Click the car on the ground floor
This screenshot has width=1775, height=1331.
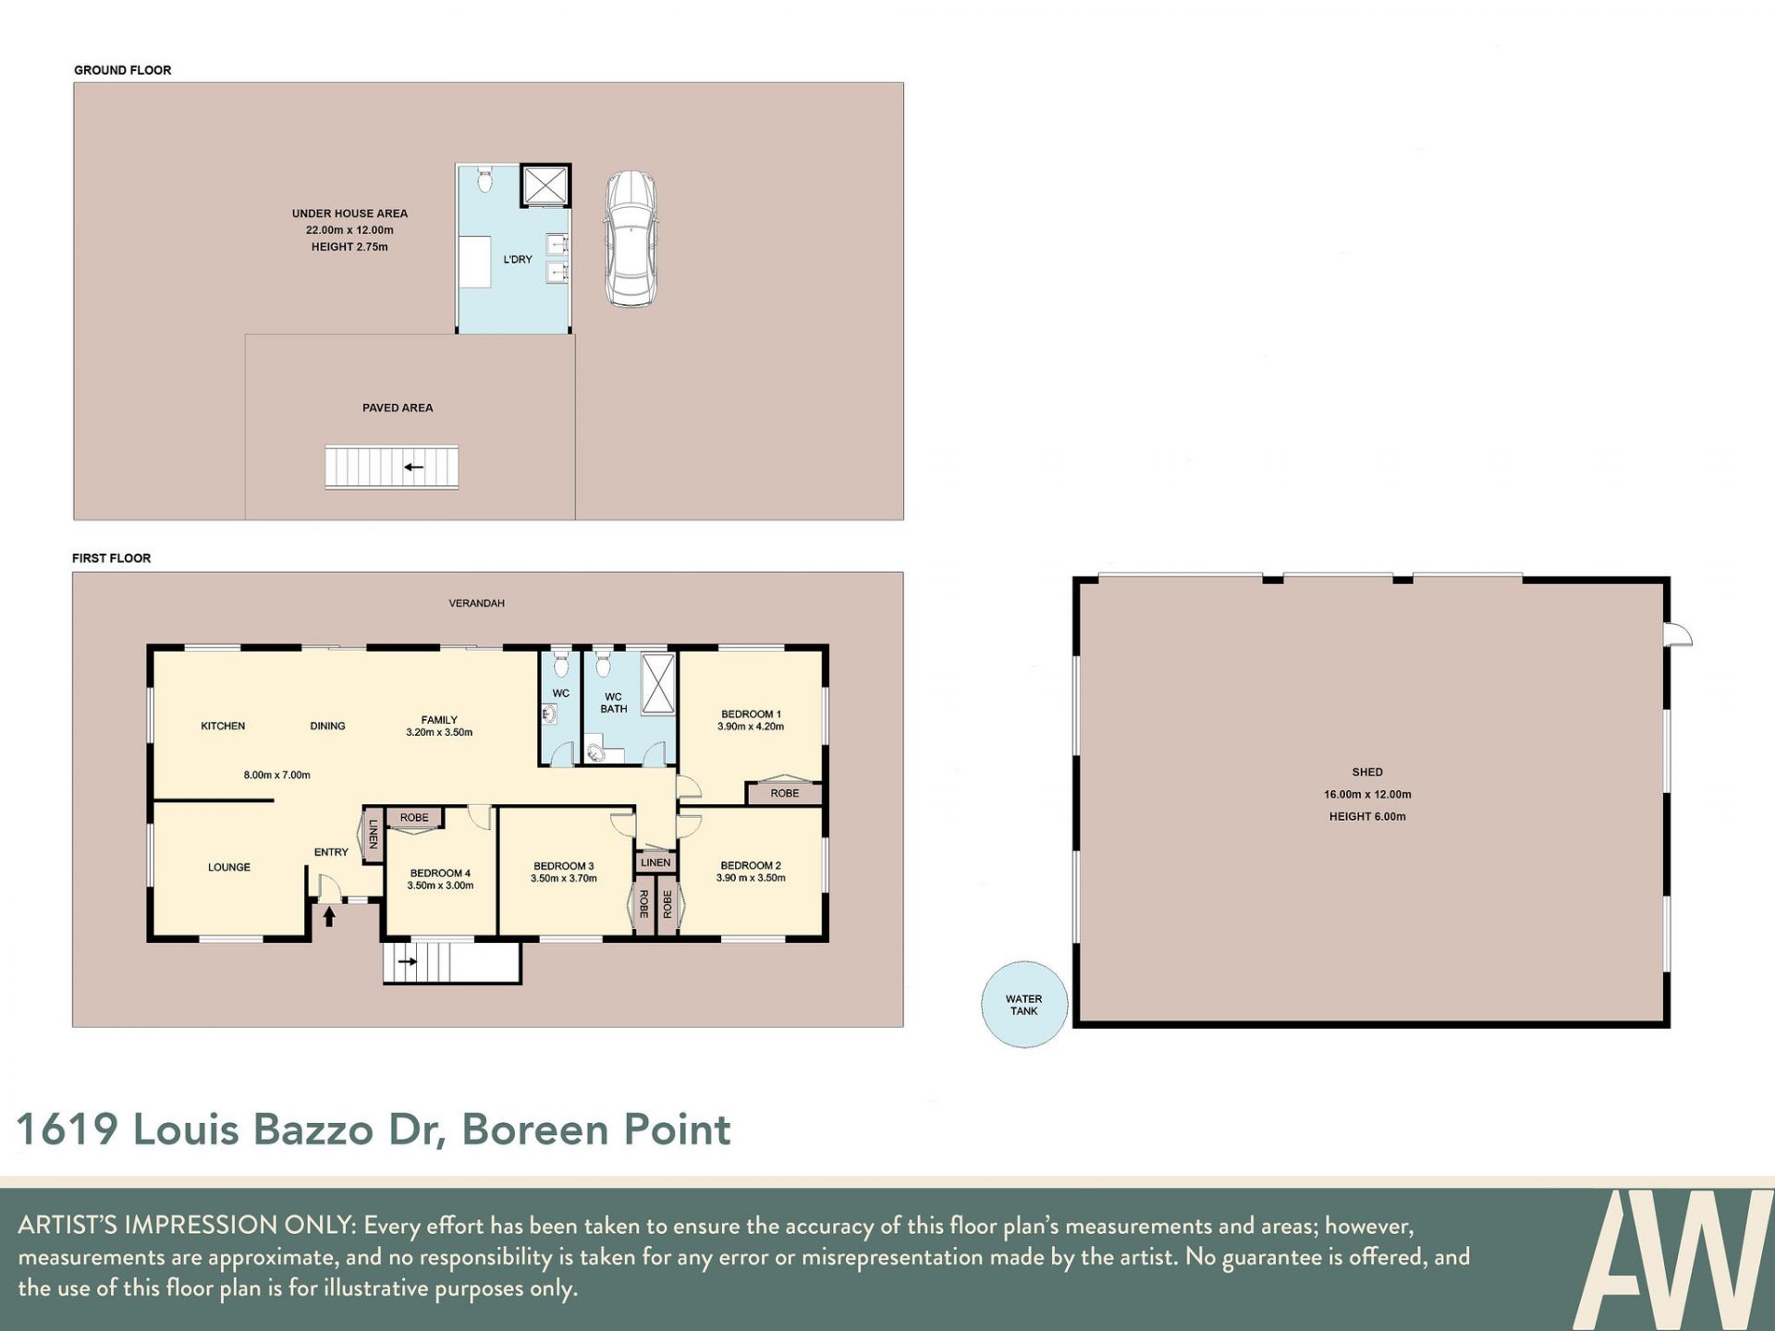click(x=630, y=238)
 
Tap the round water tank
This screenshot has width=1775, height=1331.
click(x=1024, y=1005)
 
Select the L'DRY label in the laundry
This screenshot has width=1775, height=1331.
click(x=518, y=260)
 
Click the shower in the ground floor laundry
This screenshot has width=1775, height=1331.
click(x=545, y=185)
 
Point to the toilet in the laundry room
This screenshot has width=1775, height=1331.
click(x=484, y=179)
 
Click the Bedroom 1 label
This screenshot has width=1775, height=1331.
click(x=751, y=714)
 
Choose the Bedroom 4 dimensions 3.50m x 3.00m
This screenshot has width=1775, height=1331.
click(x=440, y=885)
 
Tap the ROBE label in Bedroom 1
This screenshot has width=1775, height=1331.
click(x=785, y=793)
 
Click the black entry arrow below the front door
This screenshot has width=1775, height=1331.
click(x=329, y=915)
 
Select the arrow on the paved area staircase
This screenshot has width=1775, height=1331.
click(x=413, y=467)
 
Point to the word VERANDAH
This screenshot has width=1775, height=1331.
click(x=477, y=604)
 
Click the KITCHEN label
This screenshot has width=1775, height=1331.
click(x=223, y=727)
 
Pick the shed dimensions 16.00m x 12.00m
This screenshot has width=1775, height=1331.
click(x=1367, y=795)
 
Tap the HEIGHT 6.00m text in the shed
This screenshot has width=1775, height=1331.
click(x=1367, y=817)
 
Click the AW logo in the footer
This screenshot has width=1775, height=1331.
click(x=1672, y=1258)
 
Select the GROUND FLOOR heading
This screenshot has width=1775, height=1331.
click(x=123, y=70)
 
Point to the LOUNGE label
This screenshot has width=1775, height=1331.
click(x=229, y=868)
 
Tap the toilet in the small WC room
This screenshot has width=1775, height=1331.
click(x=560, y=663)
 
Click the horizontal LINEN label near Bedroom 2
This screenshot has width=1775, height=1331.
click(x=655, y=863)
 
